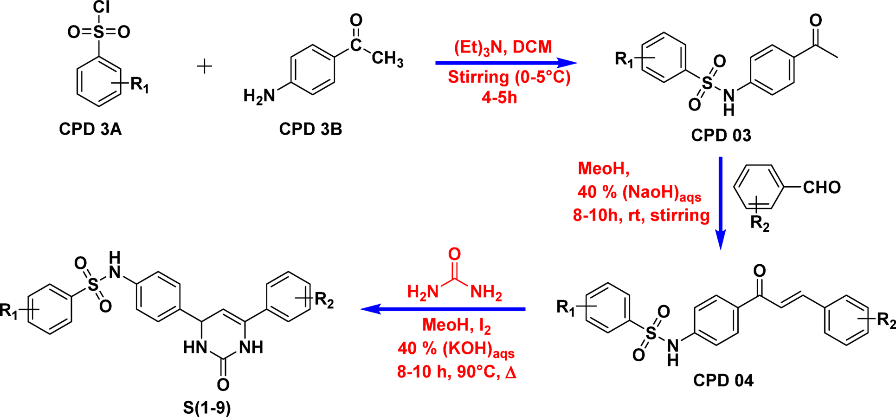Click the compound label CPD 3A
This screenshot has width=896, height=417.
click(90, 129)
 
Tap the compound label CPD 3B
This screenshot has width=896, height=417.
click(310, 129)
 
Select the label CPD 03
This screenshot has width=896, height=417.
click(721, 135)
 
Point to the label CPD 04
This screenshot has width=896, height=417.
click(723, 380)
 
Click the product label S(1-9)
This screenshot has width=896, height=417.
click(206, 408)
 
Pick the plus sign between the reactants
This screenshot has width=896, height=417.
click(205, 66)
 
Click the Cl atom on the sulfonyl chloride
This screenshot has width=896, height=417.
click(101, 7)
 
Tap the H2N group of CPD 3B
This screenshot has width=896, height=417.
click(259, 96)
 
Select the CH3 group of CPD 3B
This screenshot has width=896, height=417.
click(387, 59)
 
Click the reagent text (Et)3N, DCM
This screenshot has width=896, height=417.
click(503, 47)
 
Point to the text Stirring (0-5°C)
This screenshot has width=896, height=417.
click(509, 77)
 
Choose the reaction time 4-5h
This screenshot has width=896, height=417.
click(499, 98)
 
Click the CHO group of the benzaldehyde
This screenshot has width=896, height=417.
click(822, 187)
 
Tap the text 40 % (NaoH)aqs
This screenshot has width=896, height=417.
click(639, 193)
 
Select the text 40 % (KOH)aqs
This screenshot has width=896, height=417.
click(456, 349)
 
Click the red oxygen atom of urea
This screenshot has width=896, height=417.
click(454, 254)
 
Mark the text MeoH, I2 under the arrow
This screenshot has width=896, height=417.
click(456, 326)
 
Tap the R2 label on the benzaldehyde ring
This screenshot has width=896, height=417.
click(760, 224)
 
